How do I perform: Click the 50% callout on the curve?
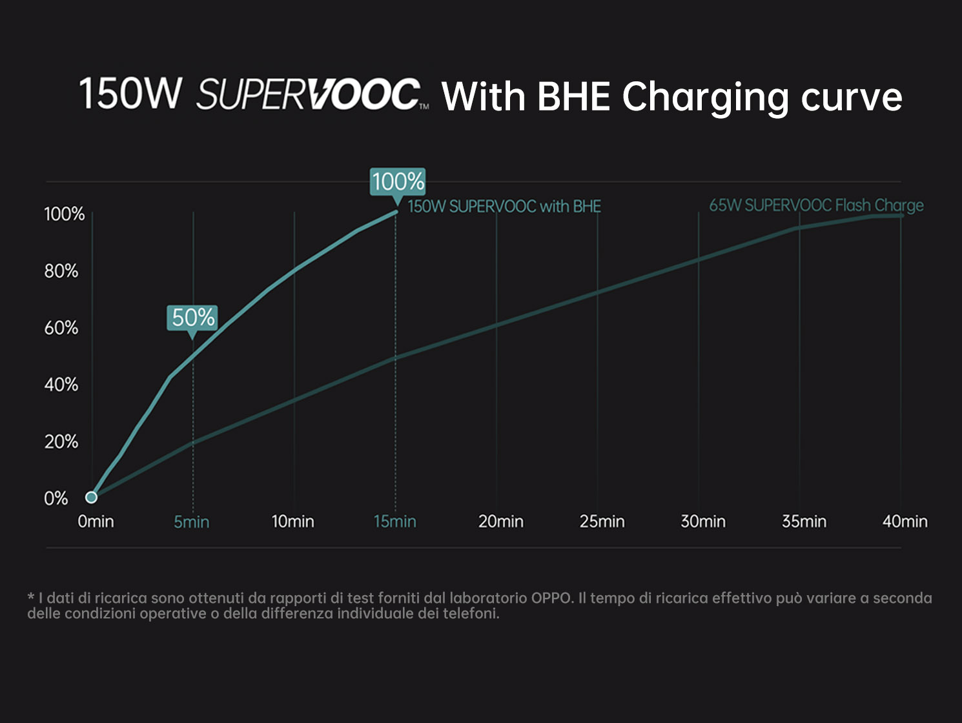(x=192, y=318)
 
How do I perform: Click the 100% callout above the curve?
(x=398, y=181)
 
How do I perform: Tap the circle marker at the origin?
(x=92, y=497)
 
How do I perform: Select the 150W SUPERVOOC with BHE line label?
(x=504, y=207)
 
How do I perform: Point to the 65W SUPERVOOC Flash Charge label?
(x=816, y=205)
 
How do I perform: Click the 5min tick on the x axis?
(x=192, y=522)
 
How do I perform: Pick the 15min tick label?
(x=395, y=522)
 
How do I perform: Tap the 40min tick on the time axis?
(x=905, y=522)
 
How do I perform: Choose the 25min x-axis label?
(x=602, y=522)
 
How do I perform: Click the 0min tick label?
(x=96, y=522)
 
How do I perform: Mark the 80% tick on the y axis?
(x=61, y=271)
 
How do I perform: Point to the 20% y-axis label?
(x=61, y=442)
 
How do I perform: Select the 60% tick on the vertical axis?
(x=61, y=328)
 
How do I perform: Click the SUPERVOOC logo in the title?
(x=309, y=94)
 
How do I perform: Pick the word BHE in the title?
(x=573, y=97)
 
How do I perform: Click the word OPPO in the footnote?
(x=552, y=598)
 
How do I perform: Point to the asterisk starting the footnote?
(x=31, y=598)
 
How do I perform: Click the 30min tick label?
(x=703, y=522)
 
